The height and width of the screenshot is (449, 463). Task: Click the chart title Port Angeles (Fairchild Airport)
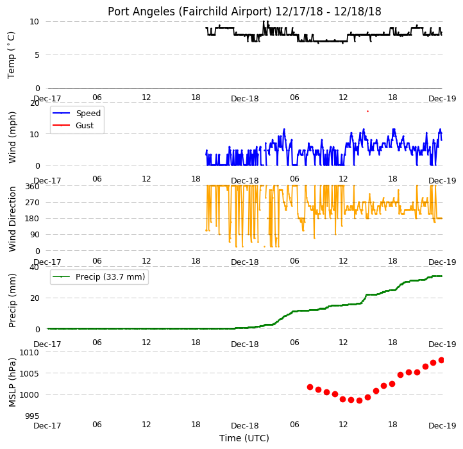(x=190, y=12)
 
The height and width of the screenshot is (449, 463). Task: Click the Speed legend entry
(x=76, y=113)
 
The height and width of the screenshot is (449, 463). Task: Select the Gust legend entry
(x=73, y=125)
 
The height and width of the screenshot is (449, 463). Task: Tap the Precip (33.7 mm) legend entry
(x=99, y=277)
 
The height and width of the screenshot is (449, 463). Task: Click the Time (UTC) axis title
(x=244, y=438)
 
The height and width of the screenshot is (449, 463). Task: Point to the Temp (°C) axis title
(x=11, y=55)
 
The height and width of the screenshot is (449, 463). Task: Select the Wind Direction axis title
(x=12, y=219)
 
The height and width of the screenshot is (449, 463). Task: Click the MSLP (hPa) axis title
(x=12, y=382)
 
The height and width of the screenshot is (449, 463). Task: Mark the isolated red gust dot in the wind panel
(x=367, y=112)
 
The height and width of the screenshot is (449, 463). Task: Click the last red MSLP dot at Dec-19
(x=441, y=360)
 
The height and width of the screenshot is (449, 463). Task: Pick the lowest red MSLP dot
(x=359, y=400)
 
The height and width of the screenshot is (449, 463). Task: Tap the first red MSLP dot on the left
(x=310, y=387)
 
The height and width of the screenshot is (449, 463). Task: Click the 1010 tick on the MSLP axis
(x=29, y=352)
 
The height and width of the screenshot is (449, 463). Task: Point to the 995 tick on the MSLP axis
(x=32, y=416)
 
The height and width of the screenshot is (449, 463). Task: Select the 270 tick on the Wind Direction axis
(x=32, y=203)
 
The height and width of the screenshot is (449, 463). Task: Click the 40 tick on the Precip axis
(x=34, y=267)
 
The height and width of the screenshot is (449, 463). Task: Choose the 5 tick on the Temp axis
(x=37, y=55)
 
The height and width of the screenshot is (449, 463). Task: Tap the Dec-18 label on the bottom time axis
(x=245, y=426)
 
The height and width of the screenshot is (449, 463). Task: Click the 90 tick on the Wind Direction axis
(x=35, y=235)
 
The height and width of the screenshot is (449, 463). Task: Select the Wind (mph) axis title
(x=12, y=137)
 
